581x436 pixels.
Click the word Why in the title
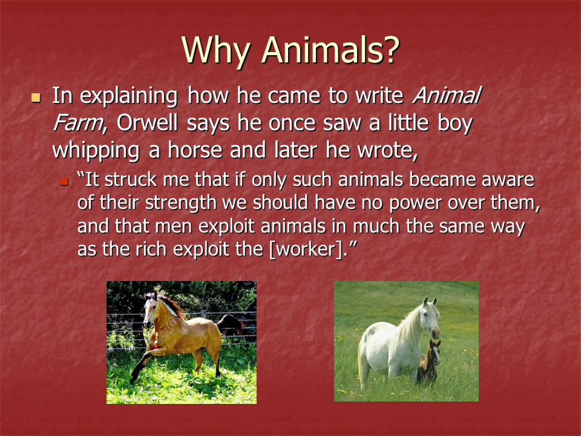[x=215, y=51]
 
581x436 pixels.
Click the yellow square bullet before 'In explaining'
[x=36, y=97]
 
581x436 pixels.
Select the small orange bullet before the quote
[x=65, y=181]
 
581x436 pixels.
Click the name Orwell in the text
[x=147, y=123]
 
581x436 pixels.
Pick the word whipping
[x=96, y=151]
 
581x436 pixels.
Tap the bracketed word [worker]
[x=306, y=249]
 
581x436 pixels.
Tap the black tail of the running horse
[x=230, y=323]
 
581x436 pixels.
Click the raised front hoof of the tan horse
[x=134, y=377]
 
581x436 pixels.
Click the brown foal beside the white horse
[x=430, y=362]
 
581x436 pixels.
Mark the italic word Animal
[x=447, y=95]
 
